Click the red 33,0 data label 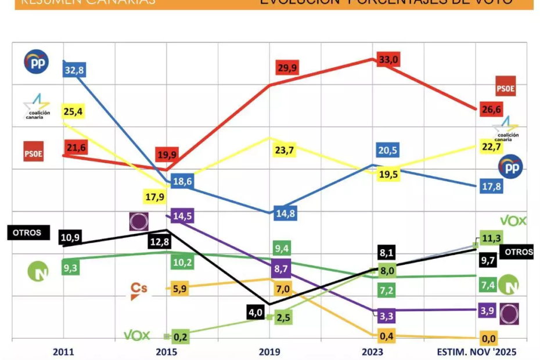point(388,59)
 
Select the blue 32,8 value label point(74,70)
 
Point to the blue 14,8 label point(285,213)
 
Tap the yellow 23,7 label point(285,151)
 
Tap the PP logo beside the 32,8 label point(36,62)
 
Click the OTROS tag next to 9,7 point(518,253)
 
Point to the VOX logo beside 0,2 point(137,336)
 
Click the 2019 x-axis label point(269,351)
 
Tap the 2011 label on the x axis point(63,351)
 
